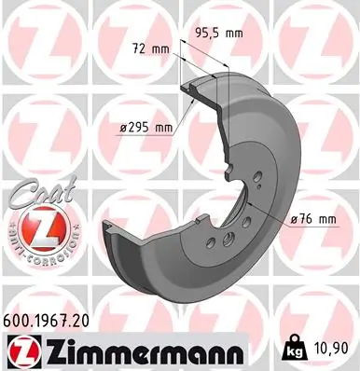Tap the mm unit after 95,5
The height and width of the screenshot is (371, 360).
coord(233,34)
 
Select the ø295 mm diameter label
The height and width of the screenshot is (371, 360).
coord(146,127)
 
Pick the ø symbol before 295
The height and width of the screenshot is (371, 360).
coord(124,127)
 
